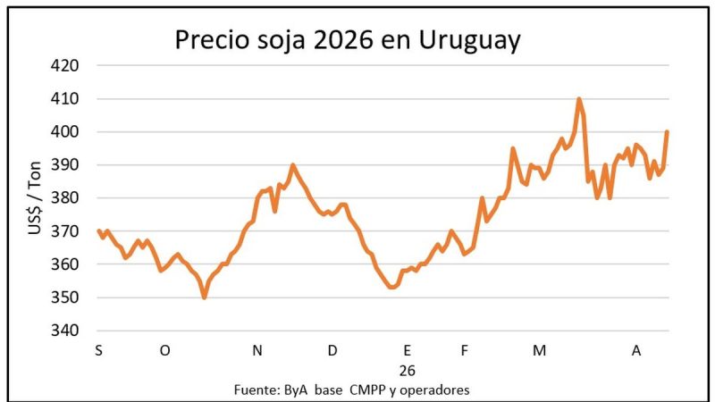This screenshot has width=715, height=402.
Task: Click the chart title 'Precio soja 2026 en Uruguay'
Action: [347, 40]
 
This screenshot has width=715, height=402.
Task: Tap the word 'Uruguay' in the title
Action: [469, 40]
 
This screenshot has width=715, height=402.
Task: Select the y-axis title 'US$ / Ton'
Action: [35, 198]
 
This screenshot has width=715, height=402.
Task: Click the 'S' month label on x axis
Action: [98, 351]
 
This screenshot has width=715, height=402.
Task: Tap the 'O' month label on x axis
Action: [164, 351]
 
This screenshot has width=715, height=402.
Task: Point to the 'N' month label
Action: [257, 351]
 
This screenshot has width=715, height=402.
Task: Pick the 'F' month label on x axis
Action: [465, 351]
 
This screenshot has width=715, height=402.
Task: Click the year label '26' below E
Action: [408, 370]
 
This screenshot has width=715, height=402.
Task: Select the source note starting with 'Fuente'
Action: [351, 389]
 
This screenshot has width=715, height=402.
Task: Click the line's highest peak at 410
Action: [579, 99]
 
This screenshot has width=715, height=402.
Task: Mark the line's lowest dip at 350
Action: [205, 297]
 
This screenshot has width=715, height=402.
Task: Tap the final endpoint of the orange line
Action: [667, 132]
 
